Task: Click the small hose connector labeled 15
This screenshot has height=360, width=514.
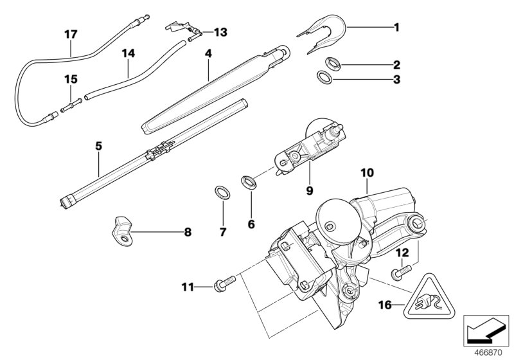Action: click(71, 102)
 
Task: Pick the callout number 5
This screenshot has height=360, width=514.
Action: click(98, 147)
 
